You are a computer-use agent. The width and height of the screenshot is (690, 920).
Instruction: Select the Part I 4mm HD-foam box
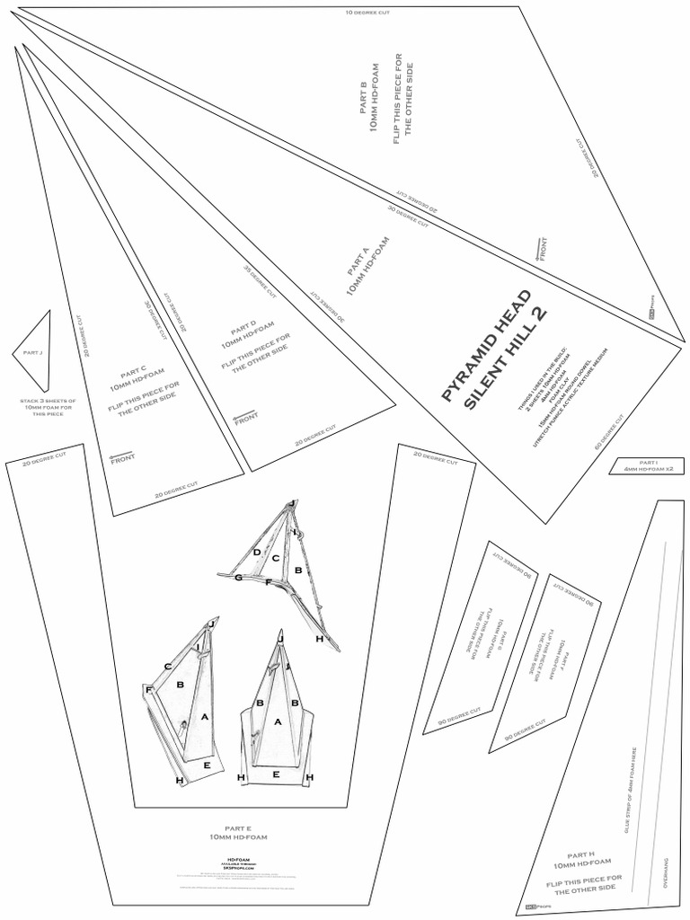[x=647, y=466]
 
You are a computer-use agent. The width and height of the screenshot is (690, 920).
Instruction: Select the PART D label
[x=243, y=327]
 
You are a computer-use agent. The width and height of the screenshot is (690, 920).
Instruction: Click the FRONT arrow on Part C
[x=122, y=456]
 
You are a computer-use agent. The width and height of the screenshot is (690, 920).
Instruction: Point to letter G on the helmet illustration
[x=238, y=578]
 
